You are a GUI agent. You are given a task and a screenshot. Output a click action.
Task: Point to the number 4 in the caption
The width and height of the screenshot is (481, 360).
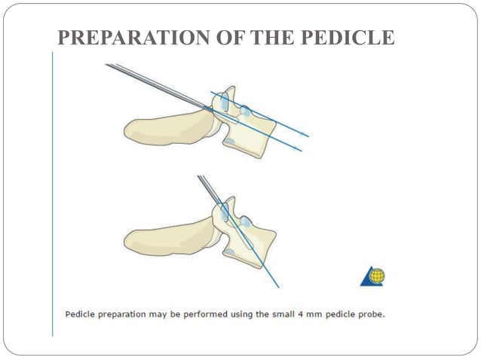285,314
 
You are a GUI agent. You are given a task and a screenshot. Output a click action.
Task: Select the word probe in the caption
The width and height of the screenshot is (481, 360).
369,314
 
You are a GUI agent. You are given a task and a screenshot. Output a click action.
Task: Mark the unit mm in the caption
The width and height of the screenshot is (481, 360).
299,314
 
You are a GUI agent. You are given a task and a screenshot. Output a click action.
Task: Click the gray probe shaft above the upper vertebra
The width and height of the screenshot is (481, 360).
151,82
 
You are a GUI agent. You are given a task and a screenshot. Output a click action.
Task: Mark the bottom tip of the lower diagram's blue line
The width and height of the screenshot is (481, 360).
278,287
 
